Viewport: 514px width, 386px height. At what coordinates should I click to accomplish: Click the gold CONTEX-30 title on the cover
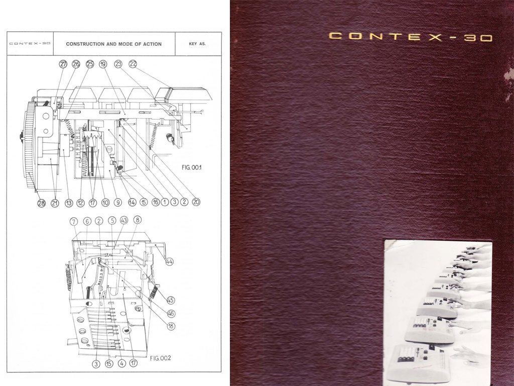point(410,37)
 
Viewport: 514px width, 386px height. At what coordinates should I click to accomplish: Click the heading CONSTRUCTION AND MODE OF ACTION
point(114,44)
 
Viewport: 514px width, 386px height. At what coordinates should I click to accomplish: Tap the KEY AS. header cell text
point(198,44)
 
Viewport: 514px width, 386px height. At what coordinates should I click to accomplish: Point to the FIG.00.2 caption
point(161,358)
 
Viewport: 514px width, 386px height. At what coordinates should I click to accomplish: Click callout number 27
point(63,64)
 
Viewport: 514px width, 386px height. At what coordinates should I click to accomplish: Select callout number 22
point(133,64)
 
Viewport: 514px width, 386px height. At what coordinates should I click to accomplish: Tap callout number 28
point(41,203)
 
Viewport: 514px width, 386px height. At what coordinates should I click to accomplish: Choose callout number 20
point(196,203)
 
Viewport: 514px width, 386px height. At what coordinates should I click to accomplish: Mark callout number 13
point(69,203)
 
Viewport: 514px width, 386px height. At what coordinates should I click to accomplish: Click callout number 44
point(169,261)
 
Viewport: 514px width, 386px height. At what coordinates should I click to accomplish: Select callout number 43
point(124,220)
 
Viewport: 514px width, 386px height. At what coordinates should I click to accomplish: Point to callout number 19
point(103,64)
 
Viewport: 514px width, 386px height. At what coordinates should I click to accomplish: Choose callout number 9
point(118,203)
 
